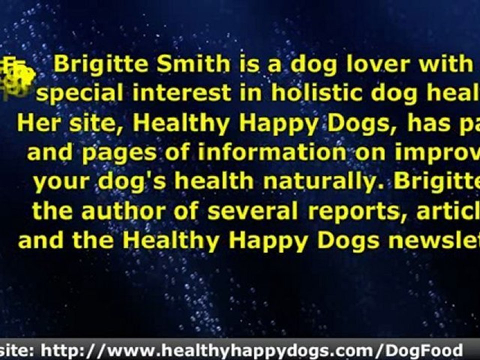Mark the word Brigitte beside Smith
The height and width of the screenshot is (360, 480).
pos(99,64)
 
